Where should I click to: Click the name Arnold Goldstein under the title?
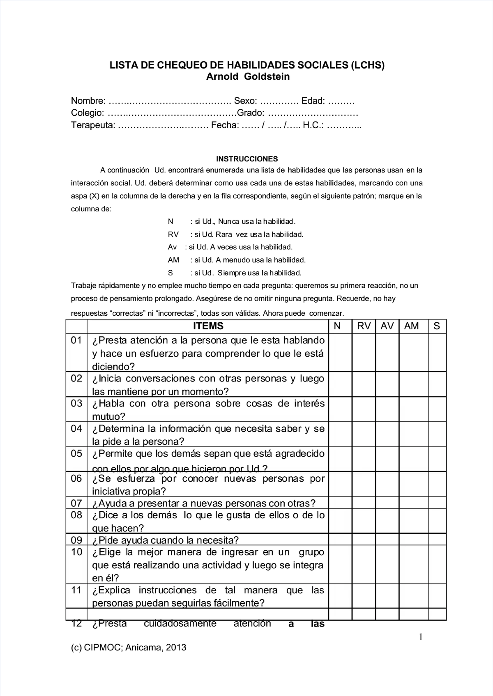(x=247, y=77)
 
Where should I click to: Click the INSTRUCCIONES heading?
(x=247, y=159)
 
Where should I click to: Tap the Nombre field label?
(x=88, y=101)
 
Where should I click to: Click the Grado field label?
(x=251, y=113)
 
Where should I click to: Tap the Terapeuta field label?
(x=93, y=125)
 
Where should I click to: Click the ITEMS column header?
(x=208, y=326)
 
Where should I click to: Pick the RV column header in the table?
(x=364, y=326)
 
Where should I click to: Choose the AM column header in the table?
(x=411, y=326)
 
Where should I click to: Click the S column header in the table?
(x=437, y=326)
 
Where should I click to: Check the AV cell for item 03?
(x=387, y=409)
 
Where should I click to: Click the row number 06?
(x=76, y=478)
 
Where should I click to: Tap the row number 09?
(x=76, y=540)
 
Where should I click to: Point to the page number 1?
(x=420, y=637)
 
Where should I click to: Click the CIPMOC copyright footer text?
(x=129, y=648)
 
